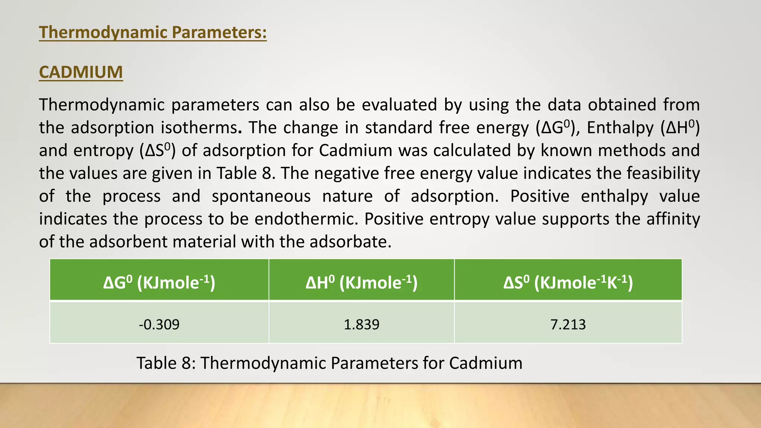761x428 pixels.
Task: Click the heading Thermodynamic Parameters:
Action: point(153,32)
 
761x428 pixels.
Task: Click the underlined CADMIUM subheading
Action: point(81,72)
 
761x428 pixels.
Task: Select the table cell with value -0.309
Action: point(159,324)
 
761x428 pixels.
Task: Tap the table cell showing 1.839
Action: point(362,324)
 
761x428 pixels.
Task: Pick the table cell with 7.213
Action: point(568,324)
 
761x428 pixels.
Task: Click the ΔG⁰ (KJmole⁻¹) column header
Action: point(159,283)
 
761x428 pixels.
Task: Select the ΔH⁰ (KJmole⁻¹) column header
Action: point(362,283)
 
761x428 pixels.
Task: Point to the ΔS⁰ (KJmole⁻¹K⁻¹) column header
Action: point(568,283)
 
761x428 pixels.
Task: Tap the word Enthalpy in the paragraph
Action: point(620,128)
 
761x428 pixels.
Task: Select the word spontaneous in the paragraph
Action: point(261,196)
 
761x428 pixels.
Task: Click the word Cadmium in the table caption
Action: point(486,363)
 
